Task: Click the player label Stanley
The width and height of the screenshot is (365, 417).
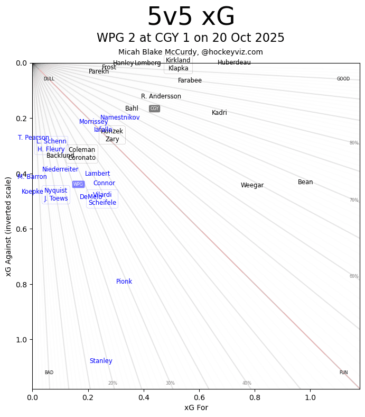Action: coord(101,361)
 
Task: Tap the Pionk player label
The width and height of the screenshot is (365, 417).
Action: coord(124,282)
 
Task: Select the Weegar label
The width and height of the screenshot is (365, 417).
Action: coord(252,185)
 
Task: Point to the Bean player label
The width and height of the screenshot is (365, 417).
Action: coord(305,182)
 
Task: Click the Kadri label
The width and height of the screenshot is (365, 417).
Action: coord(219,113)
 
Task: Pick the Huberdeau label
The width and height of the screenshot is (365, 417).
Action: coord(234,62)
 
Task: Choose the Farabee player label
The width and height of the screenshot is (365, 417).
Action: coord(190,80)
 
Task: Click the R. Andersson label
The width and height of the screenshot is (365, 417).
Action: coord(161,96)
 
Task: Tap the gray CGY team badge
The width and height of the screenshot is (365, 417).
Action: coord(154,108)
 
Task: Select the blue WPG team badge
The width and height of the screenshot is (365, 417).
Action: coord(78,184)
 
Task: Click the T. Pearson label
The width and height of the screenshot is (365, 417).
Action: coord(33,138)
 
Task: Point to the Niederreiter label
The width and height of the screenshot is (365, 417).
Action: coord(60,169)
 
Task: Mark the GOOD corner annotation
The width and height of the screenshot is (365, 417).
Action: coord(343,79)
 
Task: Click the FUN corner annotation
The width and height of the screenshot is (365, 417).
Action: coord(343,373)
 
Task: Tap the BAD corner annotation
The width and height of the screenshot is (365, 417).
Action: coord(49,373)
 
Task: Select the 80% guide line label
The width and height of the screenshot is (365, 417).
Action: coord(354,143)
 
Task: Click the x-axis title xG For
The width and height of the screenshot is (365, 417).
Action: coord(196,407)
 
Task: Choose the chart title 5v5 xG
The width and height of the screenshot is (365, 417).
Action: coord(191,17)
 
